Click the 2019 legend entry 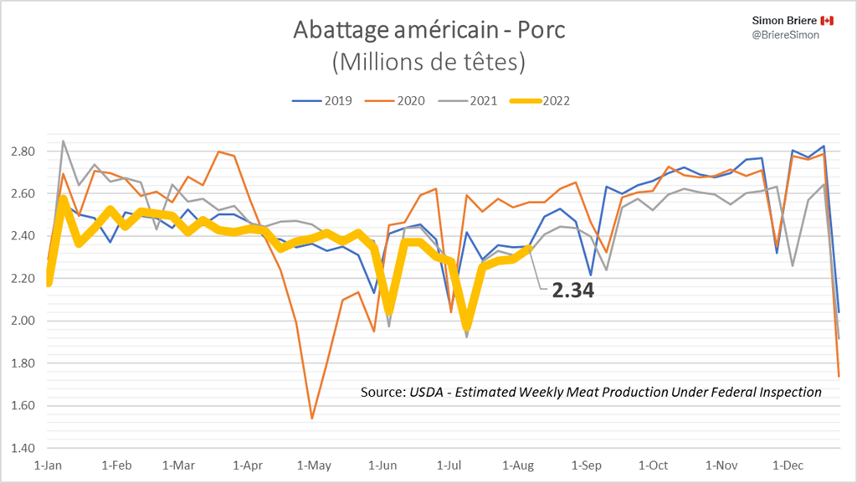(x=321, y=100)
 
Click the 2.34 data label (x=572, y=291)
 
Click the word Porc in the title (x=535, y=30)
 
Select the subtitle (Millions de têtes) (x=428, y=61)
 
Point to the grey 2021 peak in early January (x=64, y=141)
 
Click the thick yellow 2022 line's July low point (x=467, y=326)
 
